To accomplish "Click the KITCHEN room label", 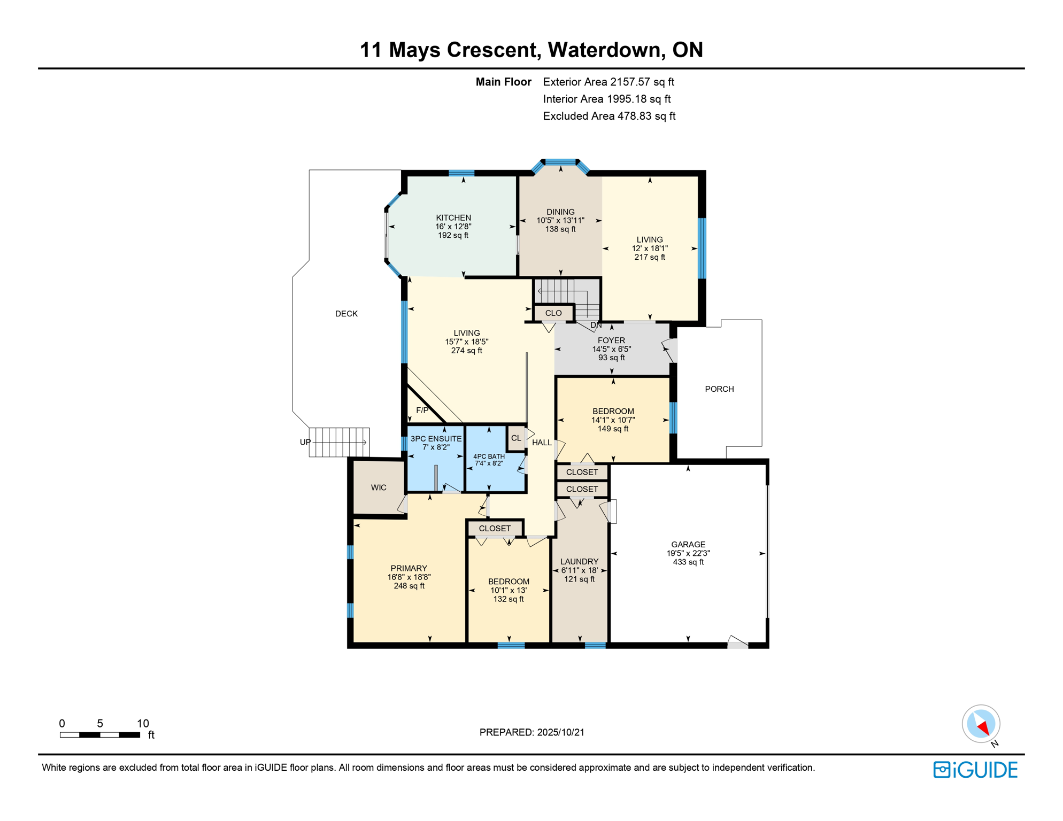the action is point(453,218).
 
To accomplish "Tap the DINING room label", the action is point(560,212).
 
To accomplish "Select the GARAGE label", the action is point(688,544).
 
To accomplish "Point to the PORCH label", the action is point(719,389).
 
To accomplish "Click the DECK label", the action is point(346,313).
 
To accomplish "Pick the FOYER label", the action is point(611,340).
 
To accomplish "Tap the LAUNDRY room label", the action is point(579,561).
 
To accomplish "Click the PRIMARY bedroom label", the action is point(409,568).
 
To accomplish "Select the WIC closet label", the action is point(379,487).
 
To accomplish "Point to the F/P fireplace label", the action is point(422,410).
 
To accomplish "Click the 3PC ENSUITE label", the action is point(436,438).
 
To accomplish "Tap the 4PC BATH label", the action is point(489,456).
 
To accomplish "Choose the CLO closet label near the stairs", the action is point(553,313).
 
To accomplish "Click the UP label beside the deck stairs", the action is point(305,442).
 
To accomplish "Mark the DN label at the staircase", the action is point(596,325).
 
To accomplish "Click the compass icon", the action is point(981,725).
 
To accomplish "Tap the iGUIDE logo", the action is point(975,770).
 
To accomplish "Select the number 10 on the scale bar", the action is point(143,723).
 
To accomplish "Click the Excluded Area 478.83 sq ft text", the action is point(609,116).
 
